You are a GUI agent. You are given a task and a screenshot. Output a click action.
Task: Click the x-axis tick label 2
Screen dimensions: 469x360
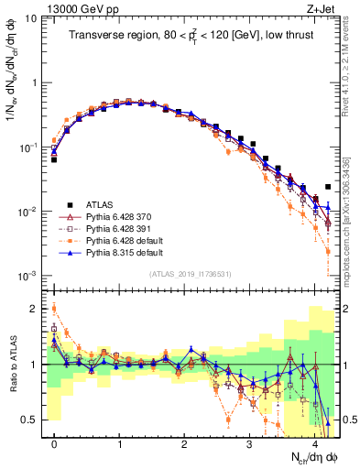(x=184, y=444)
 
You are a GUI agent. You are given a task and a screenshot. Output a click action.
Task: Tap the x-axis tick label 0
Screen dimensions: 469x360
(x=54, y=444)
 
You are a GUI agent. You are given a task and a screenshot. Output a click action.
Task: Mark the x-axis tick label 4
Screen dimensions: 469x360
(x=314, y=444)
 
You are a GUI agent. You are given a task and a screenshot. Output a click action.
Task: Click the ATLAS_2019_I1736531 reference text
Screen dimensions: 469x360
(x=190, y=274)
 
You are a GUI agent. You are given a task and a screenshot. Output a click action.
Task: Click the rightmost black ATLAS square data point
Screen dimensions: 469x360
(x=327, y=187)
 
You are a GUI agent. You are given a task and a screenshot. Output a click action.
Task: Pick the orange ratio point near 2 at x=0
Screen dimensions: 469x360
(x=54, y=309)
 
